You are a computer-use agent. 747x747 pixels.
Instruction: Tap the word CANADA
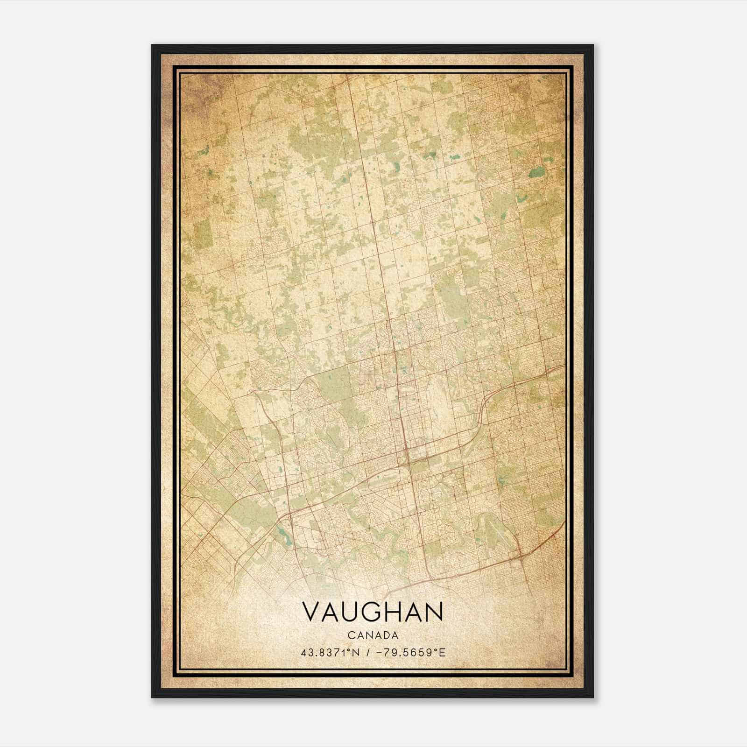point(373,635)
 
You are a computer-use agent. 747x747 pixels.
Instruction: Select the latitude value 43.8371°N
point(330,652)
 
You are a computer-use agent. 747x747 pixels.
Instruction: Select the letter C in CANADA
point(351,635)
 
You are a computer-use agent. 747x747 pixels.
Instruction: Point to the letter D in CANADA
point(386,635)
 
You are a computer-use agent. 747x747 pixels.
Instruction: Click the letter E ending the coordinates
point(443,652)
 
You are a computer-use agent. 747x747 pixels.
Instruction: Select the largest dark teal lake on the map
point(537,172)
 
